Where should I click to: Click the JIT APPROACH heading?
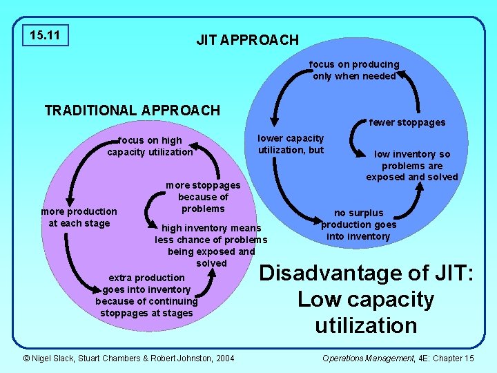point(247,40)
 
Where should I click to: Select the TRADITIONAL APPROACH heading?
point(132,111)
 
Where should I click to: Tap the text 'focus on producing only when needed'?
point(354,70)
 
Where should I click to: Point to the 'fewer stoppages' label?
point(407,122)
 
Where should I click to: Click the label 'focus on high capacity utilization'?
point(150,146)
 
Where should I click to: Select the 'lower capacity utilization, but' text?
point(291,144)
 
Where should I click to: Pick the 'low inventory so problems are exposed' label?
point(411,166)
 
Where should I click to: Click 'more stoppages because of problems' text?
point(203,197)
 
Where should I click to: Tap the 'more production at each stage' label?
point(79,217)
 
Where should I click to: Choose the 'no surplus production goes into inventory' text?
point(358,224)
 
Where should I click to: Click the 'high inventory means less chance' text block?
point(211,245)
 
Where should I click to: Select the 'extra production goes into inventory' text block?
point(146,295)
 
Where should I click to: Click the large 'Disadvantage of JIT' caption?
point(366,299)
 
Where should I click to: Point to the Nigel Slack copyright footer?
point(128,357)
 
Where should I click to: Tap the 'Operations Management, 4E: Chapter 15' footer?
point(398,357)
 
